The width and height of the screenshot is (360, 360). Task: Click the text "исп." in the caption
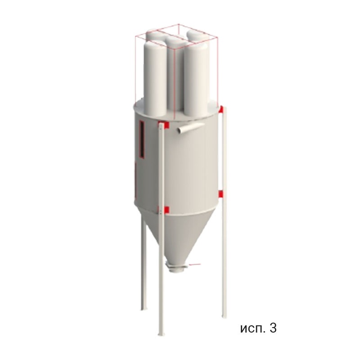(253, 329)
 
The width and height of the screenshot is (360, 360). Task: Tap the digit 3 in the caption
(273, 328)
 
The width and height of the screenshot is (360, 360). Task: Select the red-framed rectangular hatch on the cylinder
(142, 139)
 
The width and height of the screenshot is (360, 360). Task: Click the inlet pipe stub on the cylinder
(190, 127)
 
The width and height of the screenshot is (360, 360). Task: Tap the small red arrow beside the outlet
(195, 265)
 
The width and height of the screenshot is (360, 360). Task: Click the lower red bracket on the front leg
(165, 210)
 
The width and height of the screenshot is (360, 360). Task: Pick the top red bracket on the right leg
(221, 109)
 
